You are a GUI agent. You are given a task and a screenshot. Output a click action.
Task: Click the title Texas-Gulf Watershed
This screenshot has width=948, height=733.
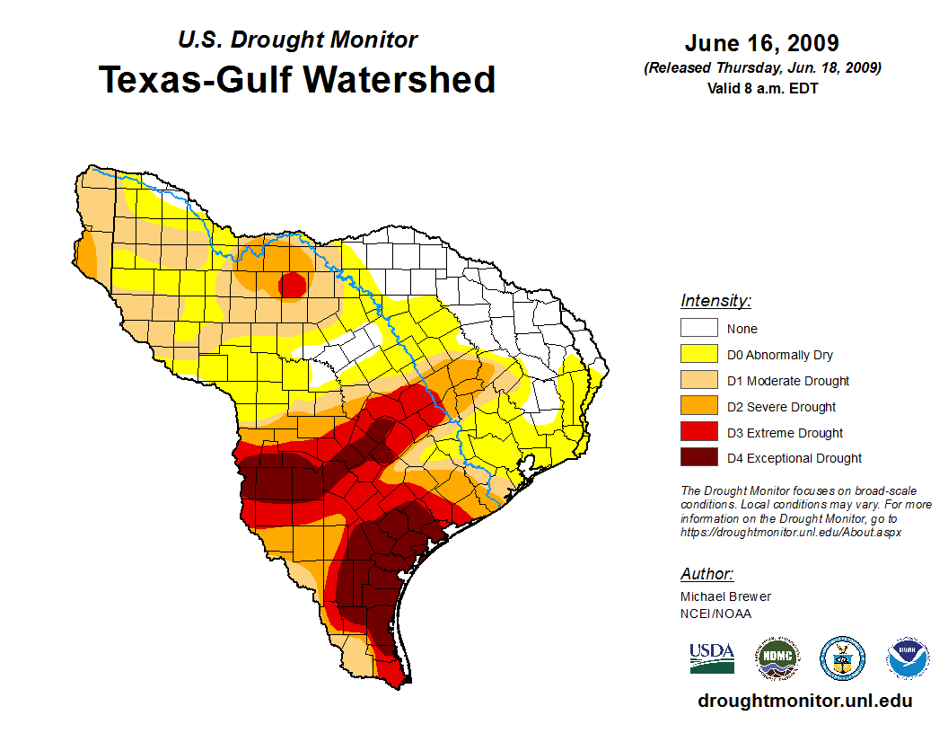click(296, 79)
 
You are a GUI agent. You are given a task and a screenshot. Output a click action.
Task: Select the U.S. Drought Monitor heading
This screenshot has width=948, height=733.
click(297, 40)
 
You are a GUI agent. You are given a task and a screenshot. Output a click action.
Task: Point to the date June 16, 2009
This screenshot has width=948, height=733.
click(761, 43)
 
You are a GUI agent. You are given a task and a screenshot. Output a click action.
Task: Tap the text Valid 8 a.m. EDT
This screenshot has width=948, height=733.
click(761, 88)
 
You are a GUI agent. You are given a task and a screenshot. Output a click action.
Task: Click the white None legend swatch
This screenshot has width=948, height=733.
click(699, 329)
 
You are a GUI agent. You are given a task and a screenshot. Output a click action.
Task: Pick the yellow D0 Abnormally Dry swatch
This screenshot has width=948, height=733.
click(699, 355)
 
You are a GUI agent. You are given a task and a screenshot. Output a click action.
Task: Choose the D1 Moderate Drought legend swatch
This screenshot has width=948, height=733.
click(699, 381)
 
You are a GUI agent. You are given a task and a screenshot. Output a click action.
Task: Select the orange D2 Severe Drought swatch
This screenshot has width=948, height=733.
click(699, 407)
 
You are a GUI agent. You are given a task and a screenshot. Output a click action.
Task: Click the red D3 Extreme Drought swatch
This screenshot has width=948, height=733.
click(699, 433)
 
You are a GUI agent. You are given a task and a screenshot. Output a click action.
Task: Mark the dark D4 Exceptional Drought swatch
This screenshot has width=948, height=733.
click(699, 458)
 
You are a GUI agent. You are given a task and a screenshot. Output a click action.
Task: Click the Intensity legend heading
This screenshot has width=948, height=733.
click(715, 301)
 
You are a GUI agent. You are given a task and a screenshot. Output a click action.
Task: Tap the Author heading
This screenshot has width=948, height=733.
click(707, 574)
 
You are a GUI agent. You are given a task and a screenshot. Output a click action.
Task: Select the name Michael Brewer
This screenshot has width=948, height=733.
click(725, 596)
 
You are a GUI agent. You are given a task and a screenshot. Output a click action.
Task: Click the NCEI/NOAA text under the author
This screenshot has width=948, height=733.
click(715, 614)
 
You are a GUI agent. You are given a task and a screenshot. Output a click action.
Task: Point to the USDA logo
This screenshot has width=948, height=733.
click(712, 658)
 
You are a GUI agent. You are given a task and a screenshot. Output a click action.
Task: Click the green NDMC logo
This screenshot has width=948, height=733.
click(777, 658)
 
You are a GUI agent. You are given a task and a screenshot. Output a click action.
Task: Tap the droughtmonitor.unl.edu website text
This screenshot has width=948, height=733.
click(804, 701)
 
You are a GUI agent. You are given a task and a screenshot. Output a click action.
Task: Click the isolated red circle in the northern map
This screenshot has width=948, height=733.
click(293, 286)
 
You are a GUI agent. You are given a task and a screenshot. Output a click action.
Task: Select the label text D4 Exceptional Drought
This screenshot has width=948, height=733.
click(794, 458)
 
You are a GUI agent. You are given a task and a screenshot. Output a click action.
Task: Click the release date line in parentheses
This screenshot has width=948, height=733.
click(761, 68)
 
